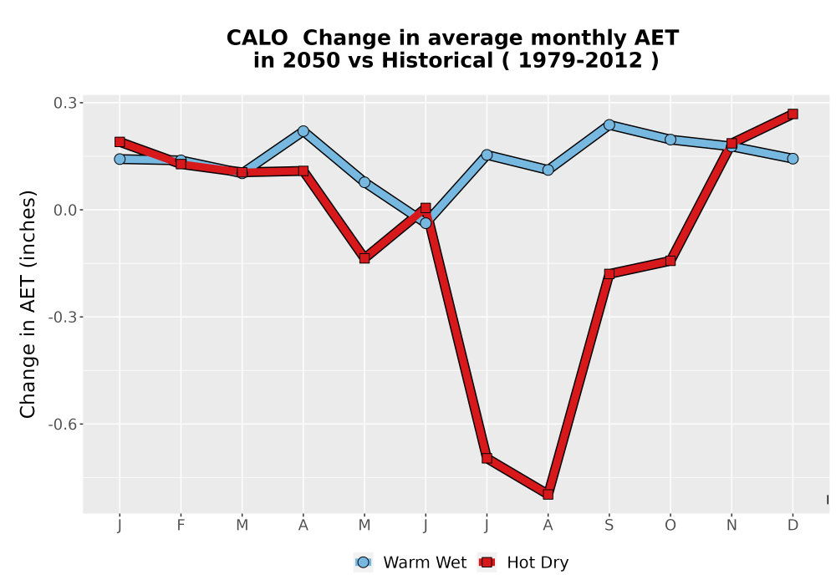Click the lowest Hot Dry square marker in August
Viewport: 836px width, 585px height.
[x=548, y=494]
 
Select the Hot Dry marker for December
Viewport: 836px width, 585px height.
[x=793, y=114]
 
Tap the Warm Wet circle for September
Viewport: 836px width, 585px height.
[x=609, y=125]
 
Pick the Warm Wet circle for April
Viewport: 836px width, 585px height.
[x=303, y=131]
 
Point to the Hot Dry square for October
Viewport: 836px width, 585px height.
[x=670, y=261]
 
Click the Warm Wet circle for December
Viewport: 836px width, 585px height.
[x=793, y=158]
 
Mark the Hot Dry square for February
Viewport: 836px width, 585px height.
[x=181, y=164]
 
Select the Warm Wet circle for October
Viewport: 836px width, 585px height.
[x=670, y=140]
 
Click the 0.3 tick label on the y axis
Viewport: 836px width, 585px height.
[x=64, y=103]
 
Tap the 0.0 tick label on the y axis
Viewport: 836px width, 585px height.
[x=64, y=210]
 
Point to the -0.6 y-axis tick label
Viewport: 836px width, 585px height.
[x=62, y=425]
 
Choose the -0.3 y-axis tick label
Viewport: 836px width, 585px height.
[x=62, y=318]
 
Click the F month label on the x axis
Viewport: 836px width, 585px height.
[x=181, y=526]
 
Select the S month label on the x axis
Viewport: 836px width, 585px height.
[x=609, y=526]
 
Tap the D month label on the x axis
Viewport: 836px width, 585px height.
[x=793, y=526]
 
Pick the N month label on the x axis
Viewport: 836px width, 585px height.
[x=731, y=526]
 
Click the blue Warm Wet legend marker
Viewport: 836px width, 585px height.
[x=363, y=562]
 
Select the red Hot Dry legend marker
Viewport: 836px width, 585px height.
[x=487, y=562]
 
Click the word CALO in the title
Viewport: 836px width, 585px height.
[x=257, y=38]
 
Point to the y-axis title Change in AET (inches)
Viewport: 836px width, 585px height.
[x=28, y=304]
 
